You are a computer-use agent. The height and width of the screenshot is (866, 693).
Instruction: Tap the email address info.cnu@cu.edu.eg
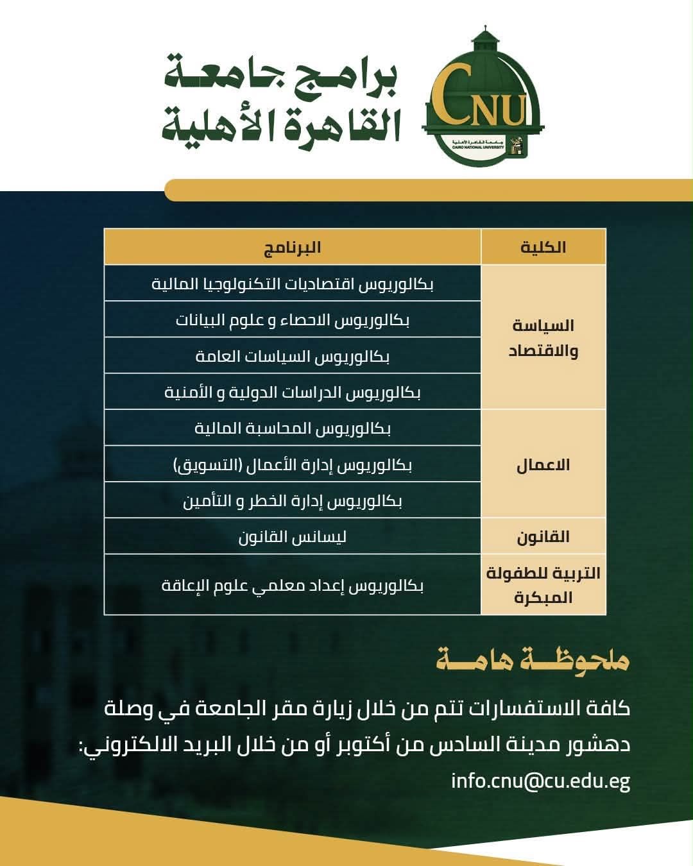pyautogui.click(x=540, y=781)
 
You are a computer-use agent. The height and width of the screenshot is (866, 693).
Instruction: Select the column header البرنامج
pyautogui.click(x=293, y=247)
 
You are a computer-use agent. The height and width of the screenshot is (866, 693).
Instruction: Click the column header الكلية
pyautogui.click(x=543, y=247)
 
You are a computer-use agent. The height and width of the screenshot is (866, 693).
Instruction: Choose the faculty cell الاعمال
pyautogui.click(x=543, y=464)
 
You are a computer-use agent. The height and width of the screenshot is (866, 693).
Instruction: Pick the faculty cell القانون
pyautogui.click(x=543, y=536)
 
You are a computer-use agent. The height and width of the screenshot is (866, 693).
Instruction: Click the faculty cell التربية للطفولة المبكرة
pyautogui.click(x=543, y=584)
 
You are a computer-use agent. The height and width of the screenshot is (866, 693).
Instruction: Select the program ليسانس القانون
pyautogui.click(x=293, y=536)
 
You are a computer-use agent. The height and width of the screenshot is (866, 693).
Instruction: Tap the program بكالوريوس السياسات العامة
pyautogui.click(x=293, y=356)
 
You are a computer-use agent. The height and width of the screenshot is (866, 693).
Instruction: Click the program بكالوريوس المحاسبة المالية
pyautogui.click(x=293, y=428)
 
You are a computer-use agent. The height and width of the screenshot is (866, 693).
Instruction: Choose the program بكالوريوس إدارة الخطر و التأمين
pyautogui.click(x=293, y=500)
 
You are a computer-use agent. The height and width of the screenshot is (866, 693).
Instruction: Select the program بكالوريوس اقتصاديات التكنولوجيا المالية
pyautogui.click(x=293, y=284)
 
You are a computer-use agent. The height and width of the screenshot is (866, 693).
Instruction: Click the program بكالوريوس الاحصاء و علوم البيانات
pyautogui.click(x=293, y=319)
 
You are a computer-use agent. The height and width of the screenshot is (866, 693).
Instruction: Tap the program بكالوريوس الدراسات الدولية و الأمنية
pyautogui.click(x=293, y=392)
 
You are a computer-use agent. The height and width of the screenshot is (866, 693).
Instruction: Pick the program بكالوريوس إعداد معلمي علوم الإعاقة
pyautogui.click(x=293, y=585)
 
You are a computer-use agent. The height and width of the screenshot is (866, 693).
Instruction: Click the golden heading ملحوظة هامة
pyautogui.click(x=533, y=661)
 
